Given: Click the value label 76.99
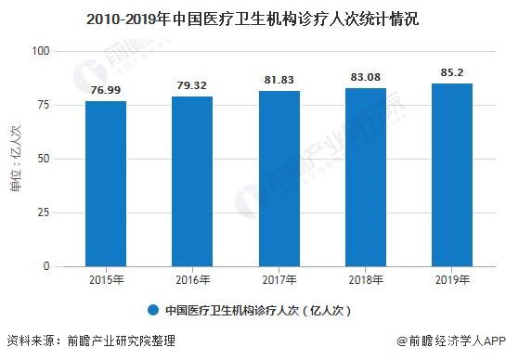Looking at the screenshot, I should [105, 91].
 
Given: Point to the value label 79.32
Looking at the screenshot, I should [192, 86].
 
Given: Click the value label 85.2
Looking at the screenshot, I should [453, 73].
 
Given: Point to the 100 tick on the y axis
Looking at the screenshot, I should [42, 51].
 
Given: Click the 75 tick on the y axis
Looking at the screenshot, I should [45, 105].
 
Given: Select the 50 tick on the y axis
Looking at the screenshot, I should [45, 159].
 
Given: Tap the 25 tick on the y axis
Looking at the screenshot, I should [45, 212].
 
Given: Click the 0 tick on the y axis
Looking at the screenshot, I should [47, 266].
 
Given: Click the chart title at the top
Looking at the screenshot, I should [253, 16].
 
